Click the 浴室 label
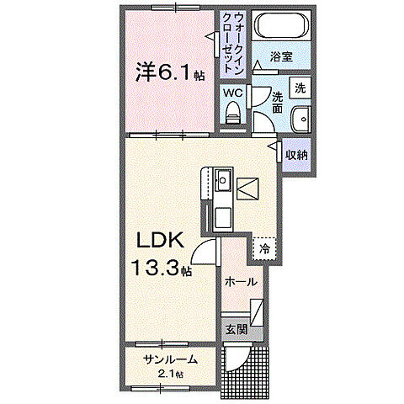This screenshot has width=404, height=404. [x=282, y=57]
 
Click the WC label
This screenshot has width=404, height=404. [x=233, y=92]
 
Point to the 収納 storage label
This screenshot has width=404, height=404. [x=296, y=155]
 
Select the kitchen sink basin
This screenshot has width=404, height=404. [x=222, y=180]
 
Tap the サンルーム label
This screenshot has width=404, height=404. [x=171, y=359]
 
